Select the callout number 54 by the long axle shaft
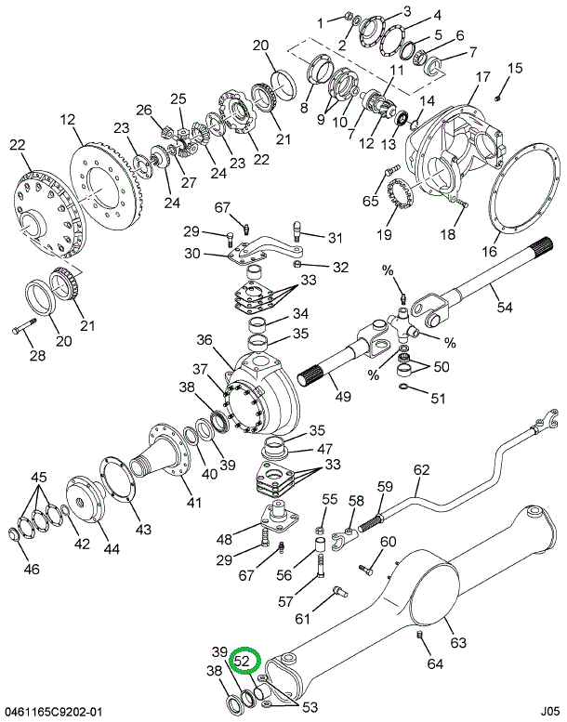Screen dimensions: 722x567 (x=505, y=307)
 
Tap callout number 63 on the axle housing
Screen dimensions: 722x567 (x=458, y=642)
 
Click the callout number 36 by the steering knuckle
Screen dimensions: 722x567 (x=204, y=341)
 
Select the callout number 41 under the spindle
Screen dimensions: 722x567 (x=193, y=503)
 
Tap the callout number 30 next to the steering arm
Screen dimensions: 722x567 (x=192, y=254)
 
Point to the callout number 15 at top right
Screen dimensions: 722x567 (x=515, y=67)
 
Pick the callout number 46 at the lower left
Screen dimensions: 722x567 (x=32, y=569)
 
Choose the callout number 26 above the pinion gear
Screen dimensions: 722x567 (x=143, y=110)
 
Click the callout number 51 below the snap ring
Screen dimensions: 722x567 (x=438, y=399)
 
